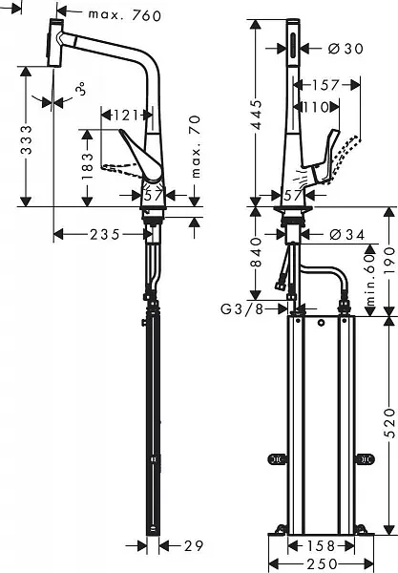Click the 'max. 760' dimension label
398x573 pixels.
coord(122,14)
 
